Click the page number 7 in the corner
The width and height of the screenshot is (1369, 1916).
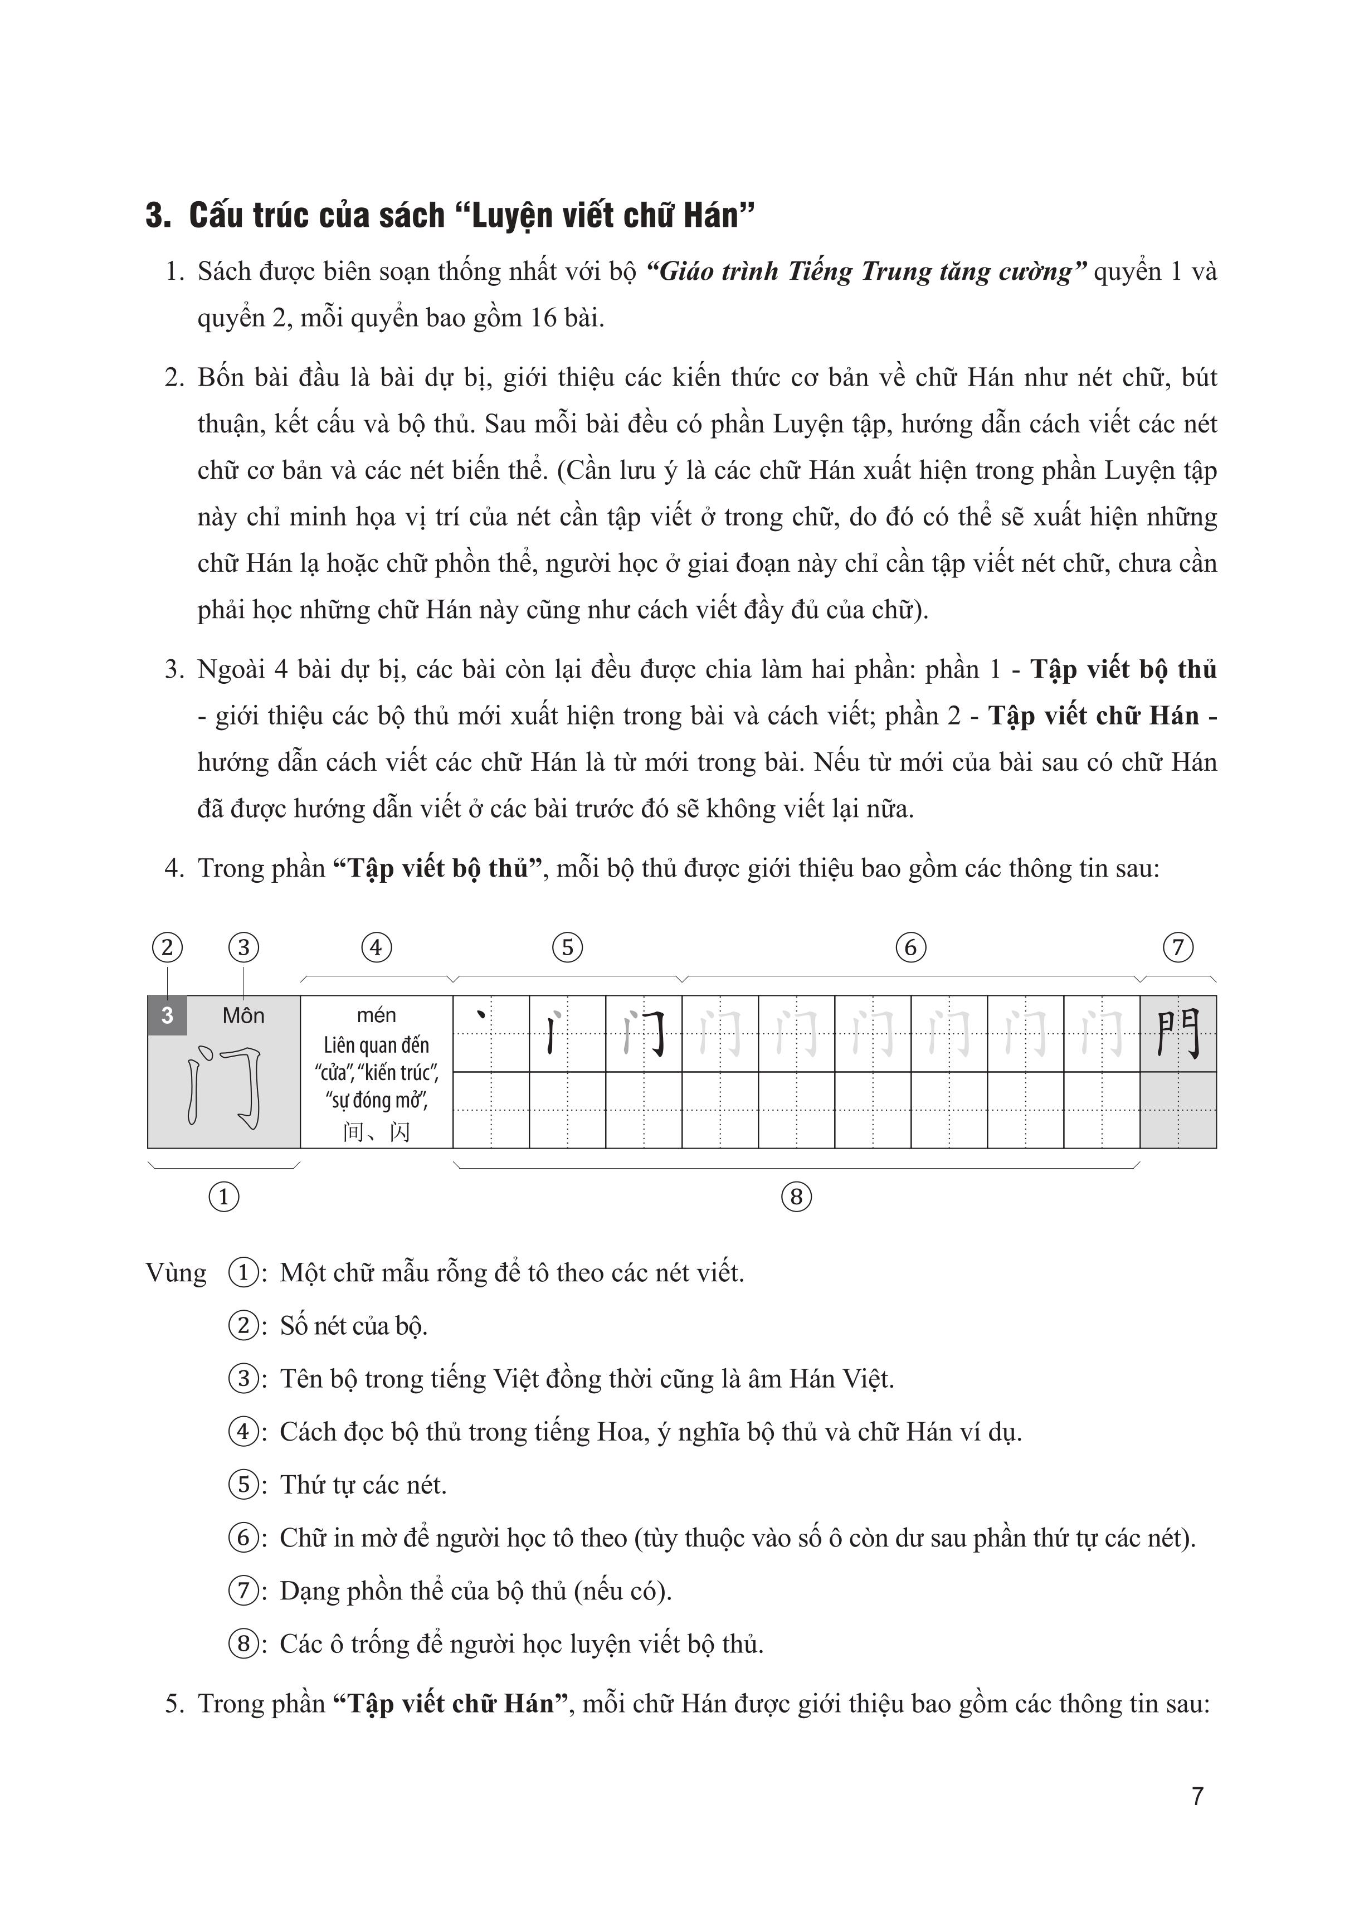(1197, 1796)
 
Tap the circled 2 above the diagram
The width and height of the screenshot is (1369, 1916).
(167, 947)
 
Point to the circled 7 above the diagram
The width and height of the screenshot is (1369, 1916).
(1178, 947)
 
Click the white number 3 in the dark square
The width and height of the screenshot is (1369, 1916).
(167, 1015)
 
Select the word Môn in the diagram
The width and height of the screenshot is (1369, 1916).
(243, 1016)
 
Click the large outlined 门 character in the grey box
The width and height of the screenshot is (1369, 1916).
(224, 1087)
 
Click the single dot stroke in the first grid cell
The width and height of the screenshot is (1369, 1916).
(482, 1016)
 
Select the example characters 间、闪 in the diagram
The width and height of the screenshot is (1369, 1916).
(376, 1131)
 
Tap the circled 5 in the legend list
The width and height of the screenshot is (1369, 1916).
(243, 1485)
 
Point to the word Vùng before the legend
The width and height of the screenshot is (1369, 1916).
(176, 1273)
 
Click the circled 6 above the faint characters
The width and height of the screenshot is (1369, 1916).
(910, 947)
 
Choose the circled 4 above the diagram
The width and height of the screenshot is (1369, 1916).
(376, 947)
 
